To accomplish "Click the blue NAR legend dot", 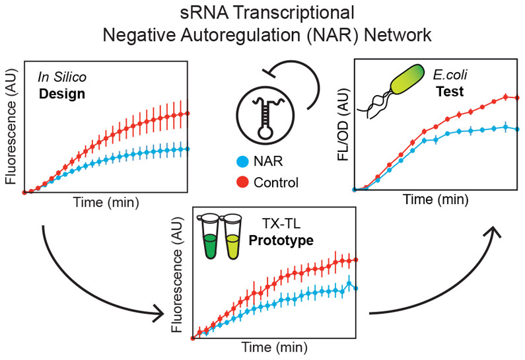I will pyautogui.click(x=241, y=161).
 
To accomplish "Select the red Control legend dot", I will pyautogui.click(x=241, y=182).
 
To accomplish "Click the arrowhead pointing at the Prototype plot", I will pyautogui.click(x=158, y=311).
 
